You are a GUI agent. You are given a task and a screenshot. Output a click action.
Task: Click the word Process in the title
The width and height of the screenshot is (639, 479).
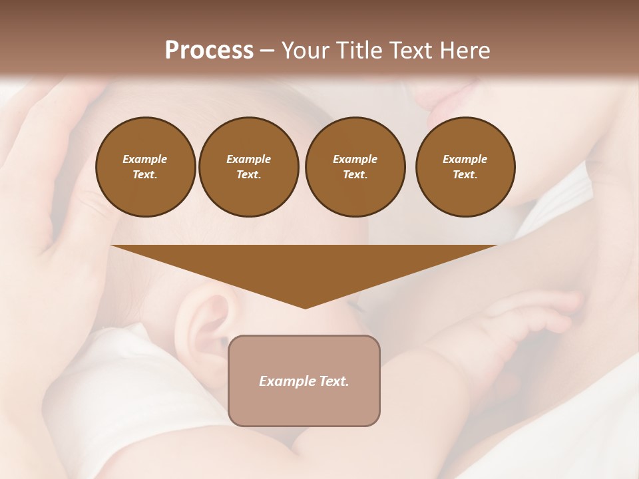209,51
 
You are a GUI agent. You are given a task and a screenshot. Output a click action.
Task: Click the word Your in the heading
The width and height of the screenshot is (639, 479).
306,51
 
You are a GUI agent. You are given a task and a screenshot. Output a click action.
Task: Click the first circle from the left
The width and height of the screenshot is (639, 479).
145,167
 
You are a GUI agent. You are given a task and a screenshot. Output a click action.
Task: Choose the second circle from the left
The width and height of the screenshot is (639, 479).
248,167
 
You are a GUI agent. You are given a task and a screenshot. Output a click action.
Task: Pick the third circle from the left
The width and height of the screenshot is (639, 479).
355,167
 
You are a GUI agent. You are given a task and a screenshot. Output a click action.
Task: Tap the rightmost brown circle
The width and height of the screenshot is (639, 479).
465,167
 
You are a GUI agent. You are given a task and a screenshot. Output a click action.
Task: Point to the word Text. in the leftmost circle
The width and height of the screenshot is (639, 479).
145,175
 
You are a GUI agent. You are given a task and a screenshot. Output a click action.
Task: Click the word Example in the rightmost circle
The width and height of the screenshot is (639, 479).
465,159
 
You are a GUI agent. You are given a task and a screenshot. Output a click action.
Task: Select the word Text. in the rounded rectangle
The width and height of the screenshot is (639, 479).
333,381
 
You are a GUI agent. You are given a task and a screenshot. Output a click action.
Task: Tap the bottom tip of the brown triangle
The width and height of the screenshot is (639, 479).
305,307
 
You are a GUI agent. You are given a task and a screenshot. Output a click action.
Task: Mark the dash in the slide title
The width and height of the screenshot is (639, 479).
268,51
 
